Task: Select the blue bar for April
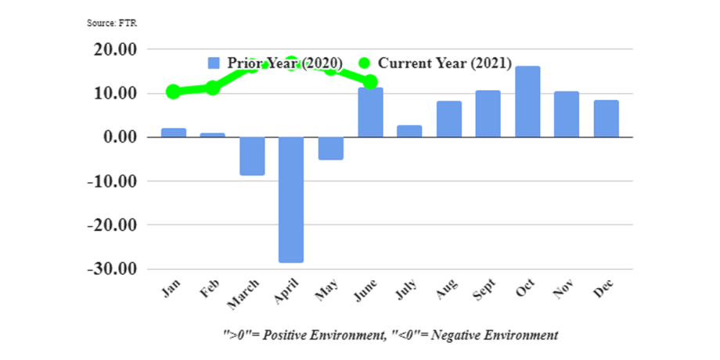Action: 291,200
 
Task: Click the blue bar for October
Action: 527,102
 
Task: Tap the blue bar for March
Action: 252,156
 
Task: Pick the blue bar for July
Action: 409,131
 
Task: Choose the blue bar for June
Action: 370,113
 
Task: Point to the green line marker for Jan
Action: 173,92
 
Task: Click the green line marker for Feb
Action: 212,88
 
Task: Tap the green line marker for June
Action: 370,81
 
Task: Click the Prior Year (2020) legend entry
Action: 275,63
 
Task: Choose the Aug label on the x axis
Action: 447,291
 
